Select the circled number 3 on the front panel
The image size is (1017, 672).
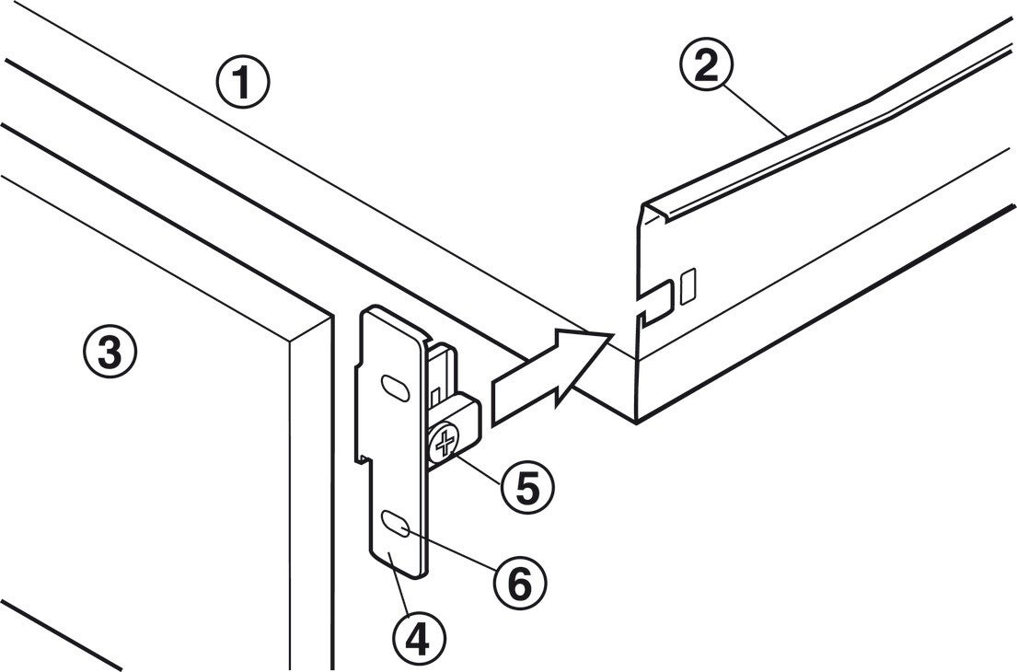click(x=110, y=352)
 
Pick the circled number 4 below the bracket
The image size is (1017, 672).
click(x=419, y=636)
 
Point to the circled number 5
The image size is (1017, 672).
click(x=527, y=487)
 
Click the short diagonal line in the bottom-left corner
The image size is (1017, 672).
click(x=61, y=634)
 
